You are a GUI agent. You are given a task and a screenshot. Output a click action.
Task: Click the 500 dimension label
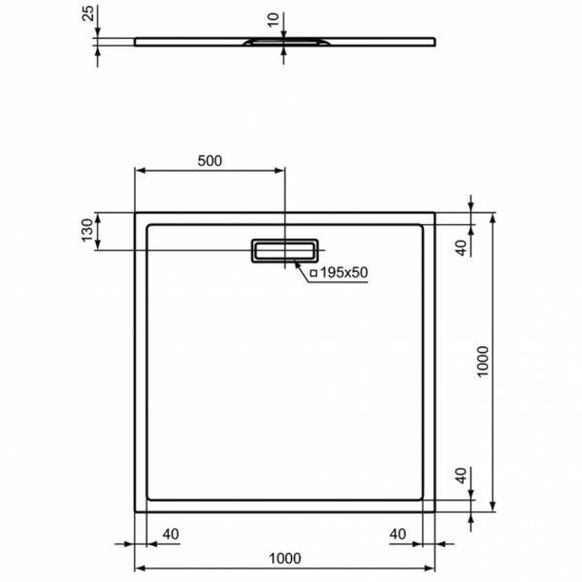(x=210, y=161)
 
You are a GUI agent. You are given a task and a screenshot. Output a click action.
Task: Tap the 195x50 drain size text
(x=343, y=273)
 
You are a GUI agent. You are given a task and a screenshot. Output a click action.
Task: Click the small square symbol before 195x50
(x=314, y=274)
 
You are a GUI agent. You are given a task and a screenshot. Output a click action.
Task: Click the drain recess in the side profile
(x=284, y=42)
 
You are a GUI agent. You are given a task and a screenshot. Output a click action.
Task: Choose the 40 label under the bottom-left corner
(x=171, y=534)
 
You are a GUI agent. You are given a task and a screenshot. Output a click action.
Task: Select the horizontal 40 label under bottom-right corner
(x=398, y=534)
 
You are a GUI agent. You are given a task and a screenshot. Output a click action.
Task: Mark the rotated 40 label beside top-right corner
(x=462, y=246)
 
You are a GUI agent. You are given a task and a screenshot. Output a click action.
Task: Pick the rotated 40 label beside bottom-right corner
(x=462, y=476)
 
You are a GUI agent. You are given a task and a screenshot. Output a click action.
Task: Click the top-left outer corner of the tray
(x=134, y=212)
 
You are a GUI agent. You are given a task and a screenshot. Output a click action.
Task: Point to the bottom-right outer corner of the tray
(x=436, y=511)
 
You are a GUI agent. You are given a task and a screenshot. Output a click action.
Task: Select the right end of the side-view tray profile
(x=435, y=40)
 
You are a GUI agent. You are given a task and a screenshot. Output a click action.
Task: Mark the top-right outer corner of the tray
(x=436, y=212)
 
